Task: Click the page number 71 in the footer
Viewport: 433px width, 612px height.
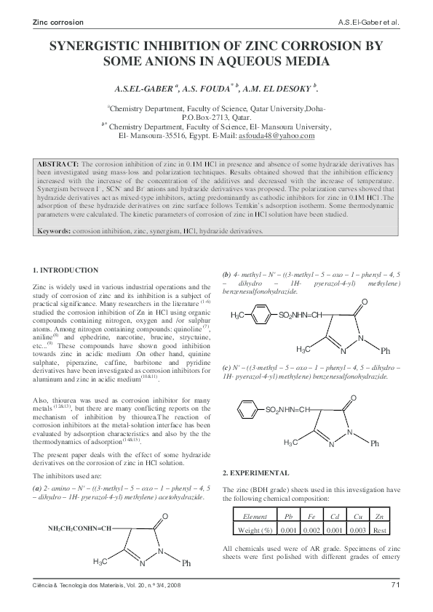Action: click(x=395, y=584)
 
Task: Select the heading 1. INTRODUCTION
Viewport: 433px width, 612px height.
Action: click(x=65, y=270)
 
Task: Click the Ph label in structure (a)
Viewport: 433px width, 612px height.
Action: click(x=186, y=563)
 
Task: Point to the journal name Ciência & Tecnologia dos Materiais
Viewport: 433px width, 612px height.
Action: click(x=80, y=585)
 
